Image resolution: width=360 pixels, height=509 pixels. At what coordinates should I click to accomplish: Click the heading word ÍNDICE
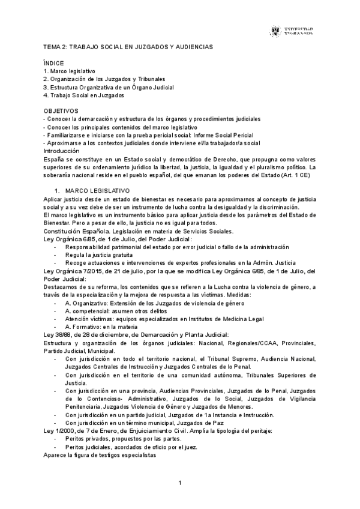[x=53, y=63]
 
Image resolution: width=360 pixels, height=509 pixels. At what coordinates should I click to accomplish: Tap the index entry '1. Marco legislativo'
[x=70, y=71]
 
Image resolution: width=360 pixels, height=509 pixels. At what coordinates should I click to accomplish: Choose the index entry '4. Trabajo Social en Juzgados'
[x=84, y=95]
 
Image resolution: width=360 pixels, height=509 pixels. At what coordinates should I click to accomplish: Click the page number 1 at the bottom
[x=180, y=483]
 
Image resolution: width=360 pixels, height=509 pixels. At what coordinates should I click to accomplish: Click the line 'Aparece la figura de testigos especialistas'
[x=100, y=455]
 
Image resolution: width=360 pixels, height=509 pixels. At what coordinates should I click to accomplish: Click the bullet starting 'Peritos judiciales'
[x=131, y=447]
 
